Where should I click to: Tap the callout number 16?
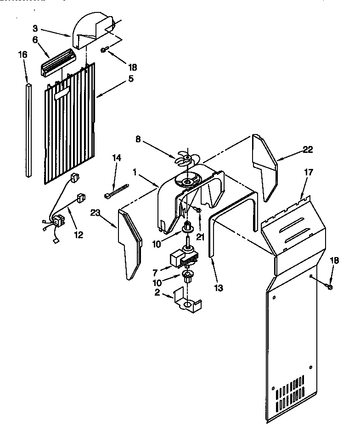point(23,55)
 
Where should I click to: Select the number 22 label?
point(308,149)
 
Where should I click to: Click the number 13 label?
point(218,288)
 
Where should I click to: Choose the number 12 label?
point(79,235)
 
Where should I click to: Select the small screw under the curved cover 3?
point(105,50)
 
